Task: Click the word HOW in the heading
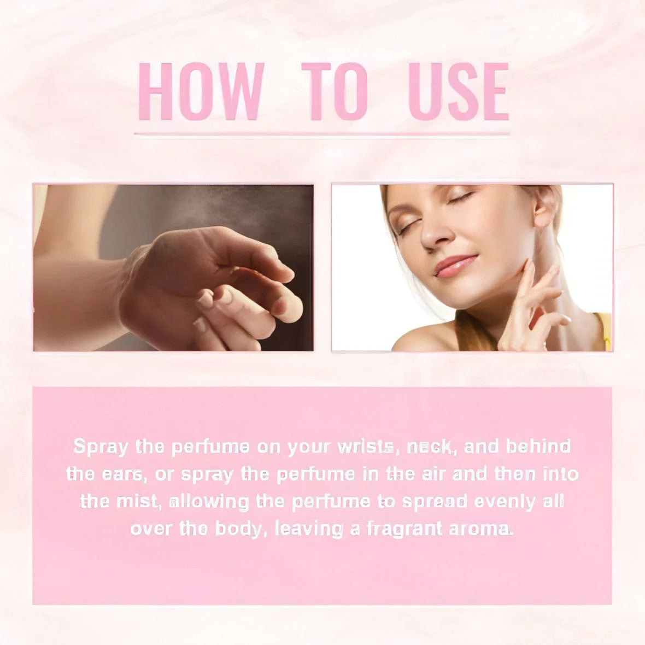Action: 201,91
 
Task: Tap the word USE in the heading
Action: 459,91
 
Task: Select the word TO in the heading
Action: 335,91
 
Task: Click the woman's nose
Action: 432,237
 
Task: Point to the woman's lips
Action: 455,265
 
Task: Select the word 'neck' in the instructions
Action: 431,447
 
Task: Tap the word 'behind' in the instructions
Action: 538,447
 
